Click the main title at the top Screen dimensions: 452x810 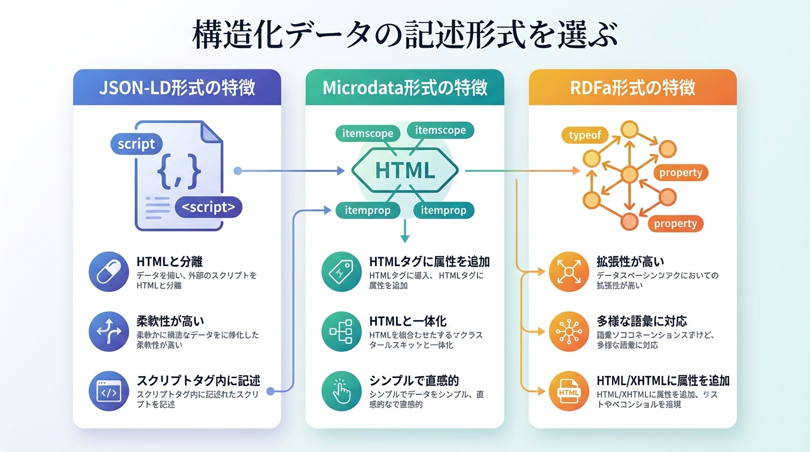point(405,35)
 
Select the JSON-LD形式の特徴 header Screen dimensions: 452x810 point(177,88)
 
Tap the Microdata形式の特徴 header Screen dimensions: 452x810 point(405,88)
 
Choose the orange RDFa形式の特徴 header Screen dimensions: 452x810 point(633,88)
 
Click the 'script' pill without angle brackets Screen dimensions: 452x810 point(136,144)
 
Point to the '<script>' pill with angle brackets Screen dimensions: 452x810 point(208,207)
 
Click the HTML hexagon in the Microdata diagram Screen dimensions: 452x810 point(404,171)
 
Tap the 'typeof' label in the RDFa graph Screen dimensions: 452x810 point(585,135)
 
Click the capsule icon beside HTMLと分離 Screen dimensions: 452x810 point(108,272)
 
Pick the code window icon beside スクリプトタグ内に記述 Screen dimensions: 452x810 point(108,391)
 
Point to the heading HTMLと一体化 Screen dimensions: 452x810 point(407,321)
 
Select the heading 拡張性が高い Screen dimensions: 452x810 point(630,261)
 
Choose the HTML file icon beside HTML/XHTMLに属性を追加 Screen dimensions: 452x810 point(569,391)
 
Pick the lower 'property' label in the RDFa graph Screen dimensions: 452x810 point(675,224)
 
